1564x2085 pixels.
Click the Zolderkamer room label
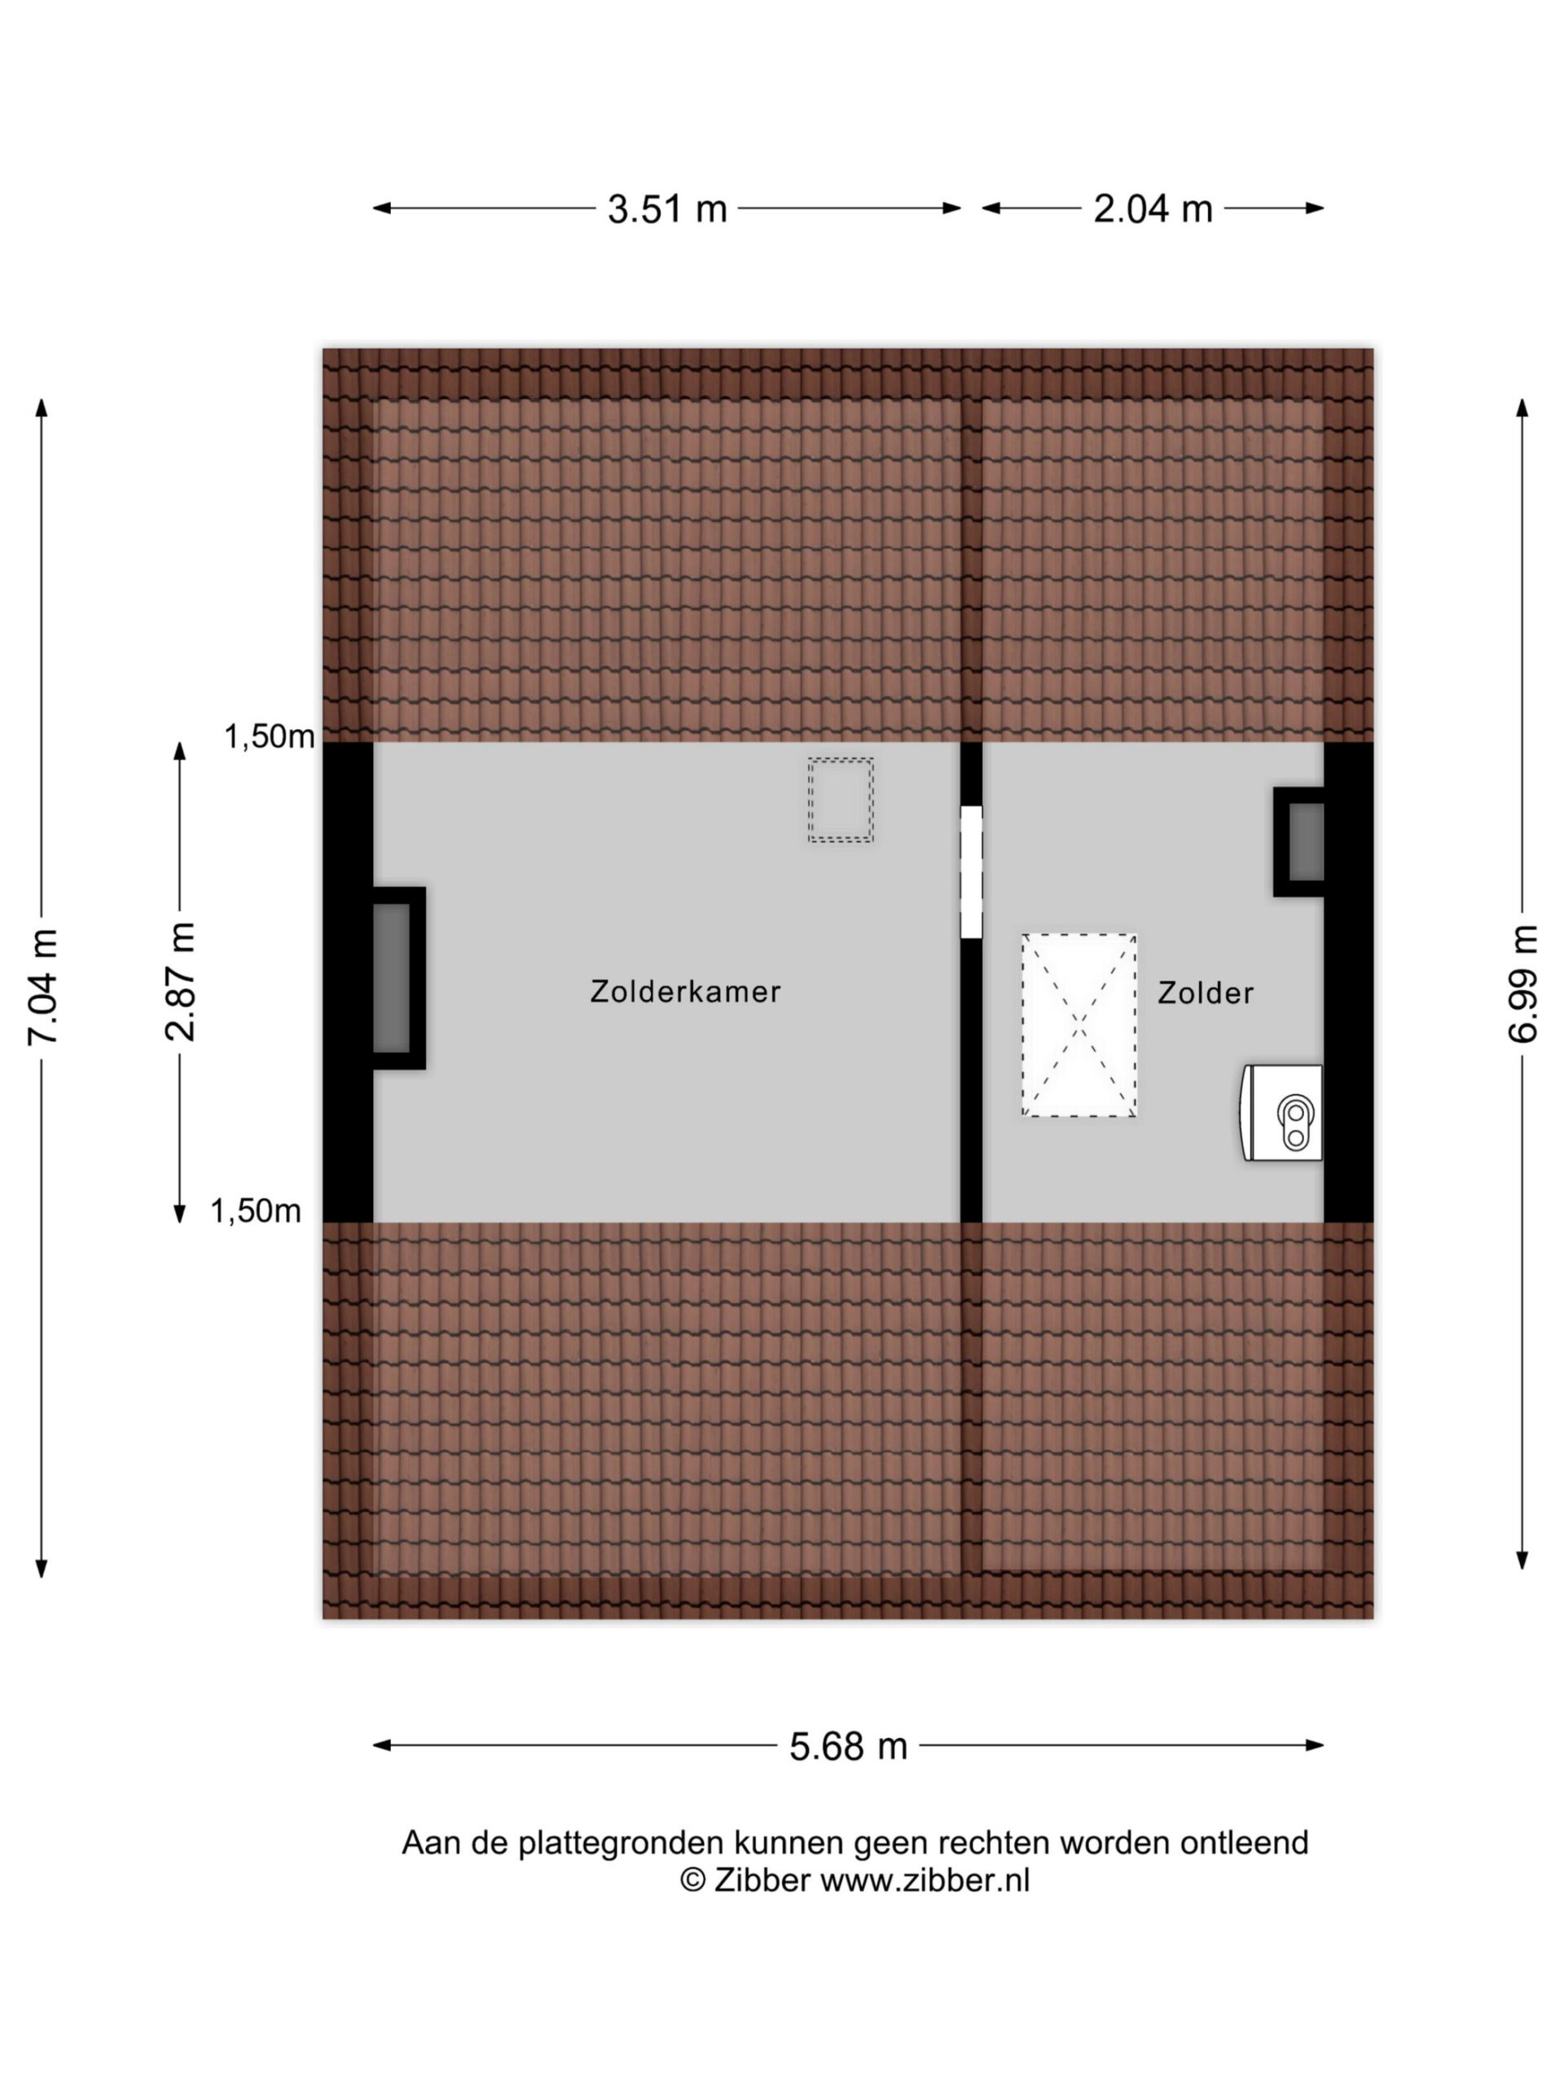[x=685, y=992]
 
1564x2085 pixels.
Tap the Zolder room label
[x=1206, y=993]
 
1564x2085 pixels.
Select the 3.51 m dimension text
[x=667, y=208]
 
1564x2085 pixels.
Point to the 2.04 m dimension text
[x=1152, y=208]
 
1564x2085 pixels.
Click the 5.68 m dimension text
[x=849, y=1745]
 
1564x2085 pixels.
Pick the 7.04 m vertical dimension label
[x=43, y=987]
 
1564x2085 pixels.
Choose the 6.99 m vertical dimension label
[x=1522, y=983]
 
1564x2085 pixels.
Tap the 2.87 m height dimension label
[x=180, y=981]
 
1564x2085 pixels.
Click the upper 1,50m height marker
[x=269, y=736]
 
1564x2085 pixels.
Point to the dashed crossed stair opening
[x=1079, y=1025]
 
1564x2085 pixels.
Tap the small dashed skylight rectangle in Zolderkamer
[x=840, y=801]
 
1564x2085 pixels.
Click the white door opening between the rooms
[x=971, y=872]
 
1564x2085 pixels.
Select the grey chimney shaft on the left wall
[x=391, y=978]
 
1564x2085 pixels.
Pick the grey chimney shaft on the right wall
[x=1306, y=841]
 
